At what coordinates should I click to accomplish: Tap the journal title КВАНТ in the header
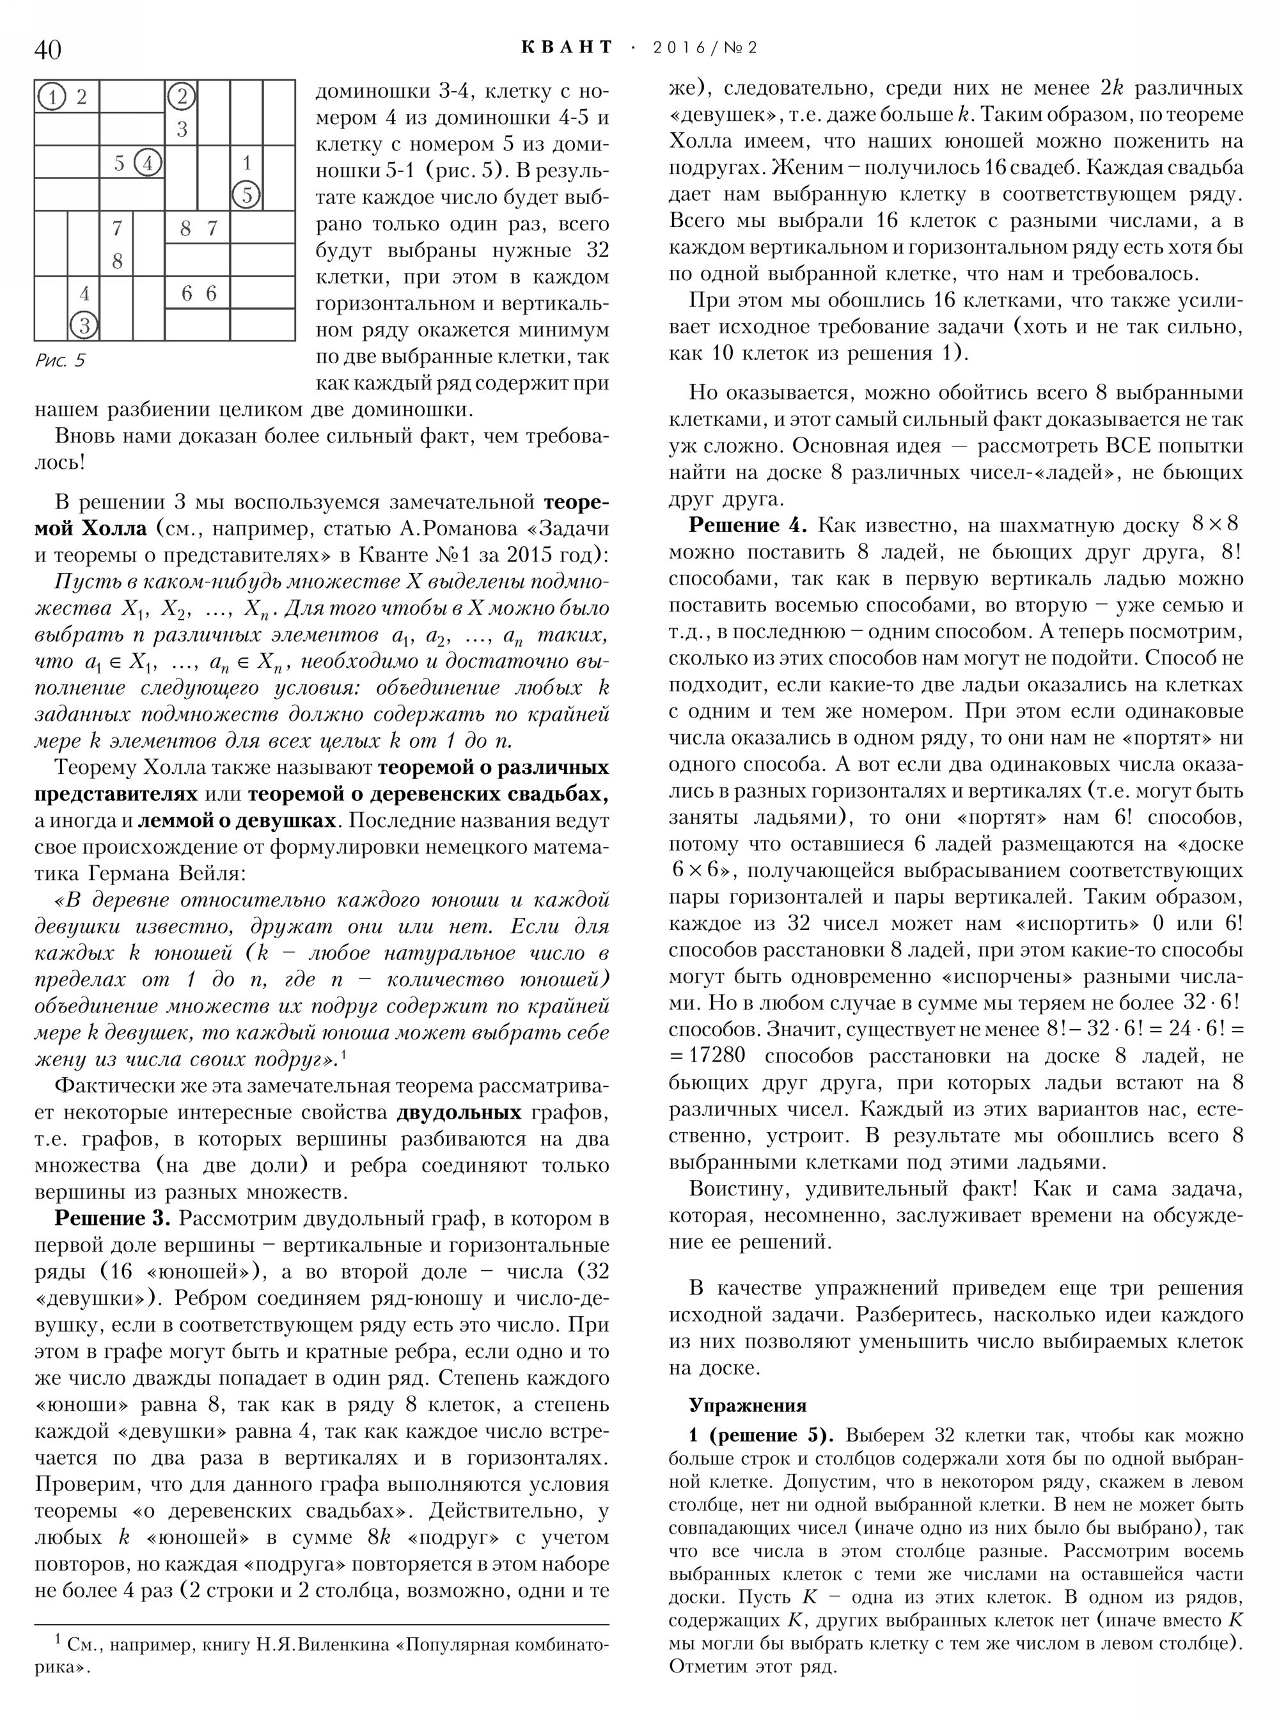[566, 48]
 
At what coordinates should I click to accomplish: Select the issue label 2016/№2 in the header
[705, 48]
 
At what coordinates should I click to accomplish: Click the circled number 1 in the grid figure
[52, 97]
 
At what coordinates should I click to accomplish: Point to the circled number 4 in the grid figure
[148, 162]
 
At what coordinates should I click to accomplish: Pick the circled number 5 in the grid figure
[246, 194]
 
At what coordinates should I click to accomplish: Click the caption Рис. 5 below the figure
[59, 361]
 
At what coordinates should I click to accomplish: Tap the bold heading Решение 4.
[747, 526]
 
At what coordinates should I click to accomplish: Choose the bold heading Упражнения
[747, 1405]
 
